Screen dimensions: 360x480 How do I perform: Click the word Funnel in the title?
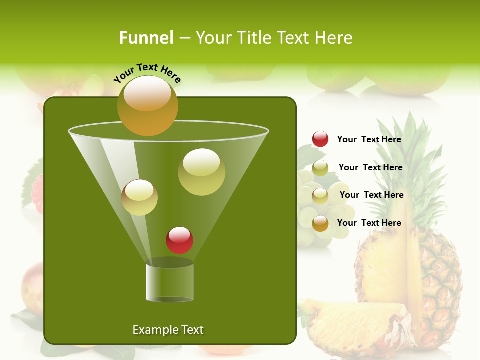click(x=146, y=38)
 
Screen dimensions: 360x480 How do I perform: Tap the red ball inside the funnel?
click(x=179, y=240)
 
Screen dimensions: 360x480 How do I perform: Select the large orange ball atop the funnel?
click(x=147, y=105)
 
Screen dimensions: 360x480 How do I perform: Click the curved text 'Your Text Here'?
click(x=147, y=73)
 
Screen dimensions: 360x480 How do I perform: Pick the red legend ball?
click(x=320, y=139)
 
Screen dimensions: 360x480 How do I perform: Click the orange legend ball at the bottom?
click(x=320, y=223)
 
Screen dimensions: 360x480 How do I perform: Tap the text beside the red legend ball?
click(x=369, y=139)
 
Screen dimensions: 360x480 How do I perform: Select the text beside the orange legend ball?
click(x=369, y=223)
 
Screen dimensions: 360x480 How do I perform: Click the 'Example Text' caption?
click(x=168, y=330)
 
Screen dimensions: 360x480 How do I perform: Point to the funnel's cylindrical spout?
click(x=170, y=282)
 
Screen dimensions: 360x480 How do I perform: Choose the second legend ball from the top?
click(x=320, y=168)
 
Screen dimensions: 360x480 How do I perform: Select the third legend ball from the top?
click(x=320, y=196)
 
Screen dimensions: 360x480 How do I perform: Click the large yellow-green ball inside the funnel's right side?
click(x=201, y=172)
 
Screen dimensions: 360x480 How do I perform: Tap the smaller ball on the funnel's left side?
click(x=139, y=197)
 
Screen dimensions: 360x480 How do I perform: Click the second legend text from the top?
click(x=370, y=167)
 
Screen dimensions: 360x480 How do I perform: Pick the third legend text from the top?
click(x=371, y=195)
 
